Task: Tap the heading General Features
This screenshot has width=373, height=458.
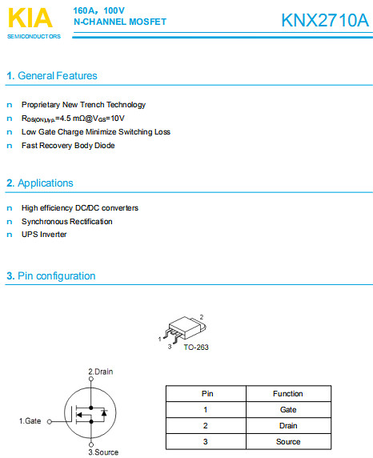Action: (x=56, y=76)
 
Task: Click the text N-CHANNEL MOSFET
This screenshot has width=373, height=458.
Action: (x=120, y=22)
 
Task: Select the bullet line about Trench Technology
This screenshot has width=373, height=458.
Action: (x=83, y=105)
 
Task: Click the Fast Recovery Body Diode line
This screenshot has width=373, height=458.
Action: (x=68, y=146)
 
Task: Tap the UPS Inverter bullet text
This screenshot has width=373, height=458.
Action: (x=44, y=235)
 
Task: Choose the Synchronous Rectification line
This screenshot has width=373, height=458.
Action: (x=67, y=221)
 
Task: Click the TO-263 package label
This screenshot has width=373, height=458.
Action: (x=196, y=347)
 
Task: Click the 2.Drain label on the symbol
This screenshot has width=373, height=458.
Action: (x=101, y=372)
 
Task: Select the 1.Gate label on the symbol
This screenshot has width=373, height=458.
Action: (x=30, y=420)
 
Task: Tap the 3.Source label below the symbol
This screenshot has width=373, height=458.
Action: (x=102, y=452)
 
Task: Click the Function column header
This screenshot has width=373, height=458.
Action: (x=287, y=394)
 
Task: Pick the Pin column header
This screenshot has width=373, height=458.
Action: (x=206, y=394)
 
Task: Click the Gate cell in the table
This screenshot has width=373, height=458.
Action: (x=287, y=409)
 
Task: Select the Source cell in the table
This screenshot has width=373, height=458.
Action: (x=287, y=441)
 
